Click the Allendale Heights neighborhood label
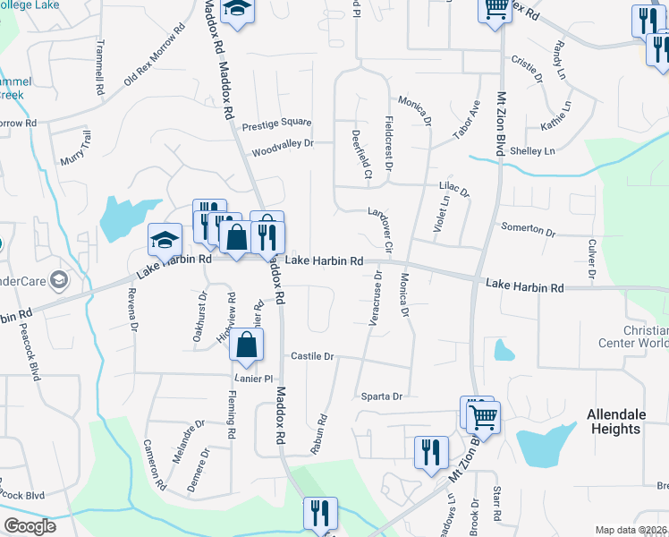click(x=614, y=422)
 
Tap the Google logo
click(x=30, y=526)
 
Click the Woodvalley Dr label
click(x=283, y=143)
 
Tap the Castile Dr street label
click(x=312, y=356)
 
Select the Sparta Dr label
click(x=383, y=396)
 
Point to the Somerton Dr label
click(x=528, y=229)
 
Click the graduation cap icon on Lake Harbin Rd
click(x=165, y=240)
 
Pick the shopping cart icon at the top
click(x=495, y=9)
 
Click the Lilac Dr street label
click(x=454, y=189)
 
